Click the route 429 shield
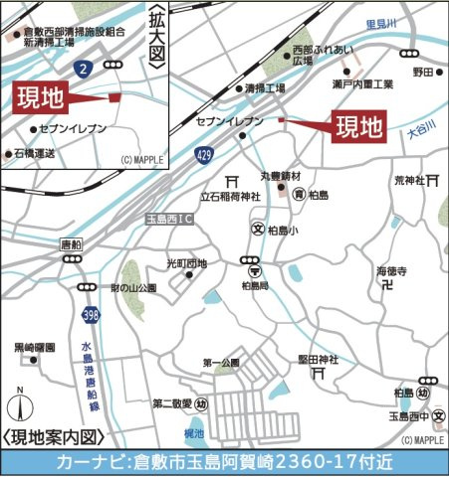204,155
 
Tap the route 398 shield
92,314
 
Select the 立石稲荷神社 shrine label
231,197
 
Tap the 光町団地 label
185,263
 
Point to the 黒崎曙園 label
35,348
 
